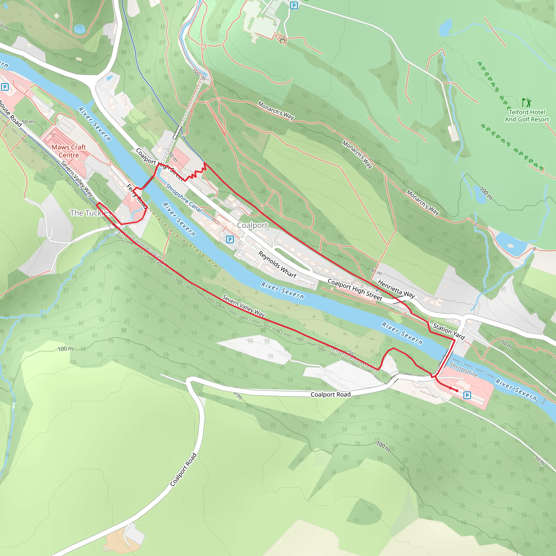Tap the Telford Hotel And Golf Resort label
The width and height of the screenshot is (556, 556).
tap(527, 116)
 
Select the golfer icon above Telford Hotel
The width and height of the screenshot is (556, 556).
tap(527, 102)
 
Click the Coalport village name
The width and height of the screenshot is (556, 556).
tap(252, 225)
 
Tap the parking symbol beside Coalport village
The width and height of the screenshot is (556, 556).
tap(230, 239)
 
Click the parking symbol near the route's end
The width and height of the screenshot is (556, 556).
tap(467, 395)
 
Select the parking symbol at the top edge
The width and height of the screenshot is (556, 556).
tap(293, 5)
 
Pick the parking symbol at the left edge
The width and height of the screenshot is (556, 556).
tap(5, 87)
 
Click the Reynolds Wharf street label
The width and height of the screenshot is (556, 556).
tap(277, 264)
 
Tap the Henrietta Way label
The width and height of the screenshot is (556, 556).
tap(396, 289)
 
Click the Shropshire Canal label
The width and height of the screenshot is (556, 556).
tap(184, 198)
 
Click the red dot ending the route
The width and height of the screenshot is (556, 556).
tap(457, 390)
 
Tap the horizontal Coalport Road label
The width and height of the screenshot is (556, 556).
tap(331, 394)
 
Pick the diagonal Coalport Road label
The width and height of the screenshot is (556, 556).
tap(183, 469)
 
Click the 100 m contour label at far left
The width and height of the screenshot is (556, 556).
tap(66, 349)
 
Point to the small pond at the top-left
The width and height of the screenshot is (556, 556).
tap(80, 29)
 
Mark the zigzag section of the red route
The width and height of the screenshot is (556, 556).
tap(195, 174)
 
